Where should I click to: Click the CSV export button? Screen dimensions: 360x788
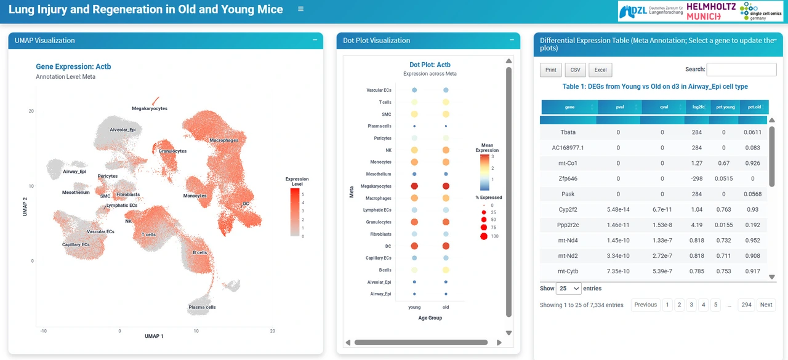click(575, 70)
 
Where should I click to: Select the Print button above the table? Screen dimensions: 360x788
click(551, 70)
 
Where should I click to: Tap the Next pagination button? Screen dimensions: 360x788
click(766, 305)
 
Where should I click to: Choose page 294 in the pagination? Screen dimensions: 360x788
click(747, 305)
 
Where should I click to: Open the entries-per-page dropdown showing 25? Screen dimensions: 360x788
click(568, 288)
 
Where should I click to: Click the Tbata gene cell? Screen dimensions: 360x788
click(568, 132)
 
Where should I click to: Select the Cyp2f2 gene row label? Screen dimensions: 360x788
click(568, 209)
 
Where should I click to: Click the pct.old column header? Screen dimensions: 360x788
click(754, 107)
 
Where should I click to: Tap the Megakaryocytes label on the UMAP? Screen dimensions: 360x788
click(150, 109)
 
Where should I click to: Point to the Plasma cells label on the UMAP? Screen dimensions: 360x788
click(202, 307)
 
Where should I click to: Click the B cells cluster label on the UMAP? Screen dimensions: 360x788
click(199, 252)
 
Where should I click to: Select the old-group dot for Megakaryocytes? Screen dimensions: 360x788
click(446, 186)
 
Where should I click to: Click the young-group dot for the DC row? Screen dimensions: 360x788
click(414, 246)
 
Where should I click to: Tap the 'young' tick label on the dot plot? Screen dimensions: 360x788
click(414, 307)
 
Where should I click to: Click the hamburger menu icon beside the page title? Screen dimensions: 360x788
click(300, 9)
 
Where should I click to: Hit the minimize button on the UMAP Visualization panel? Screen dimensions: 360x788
click(315, 40)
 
